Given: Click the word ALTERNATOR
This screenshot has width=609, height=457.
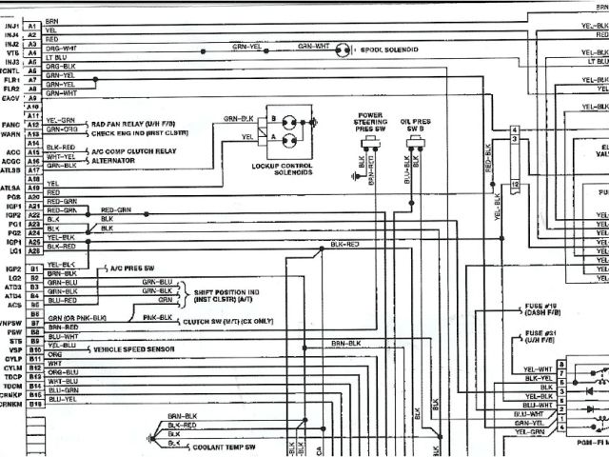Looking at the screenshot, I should (x=114, y=160).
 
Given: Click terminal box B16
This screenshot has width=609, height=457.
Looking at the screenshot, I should (x=33, y=405).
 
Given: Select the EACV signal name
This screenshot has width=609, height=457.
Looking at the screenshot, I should (x=10, y=97).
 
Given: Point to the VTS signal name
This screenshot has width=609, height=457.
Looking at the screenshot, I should (x=11, y=53).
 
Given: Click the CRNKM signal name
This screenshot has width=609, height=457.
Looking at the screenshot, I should (x=11, y=405).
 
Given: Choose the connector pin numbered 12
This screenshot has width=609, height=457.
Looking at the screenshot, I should (x=514, y=182).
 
